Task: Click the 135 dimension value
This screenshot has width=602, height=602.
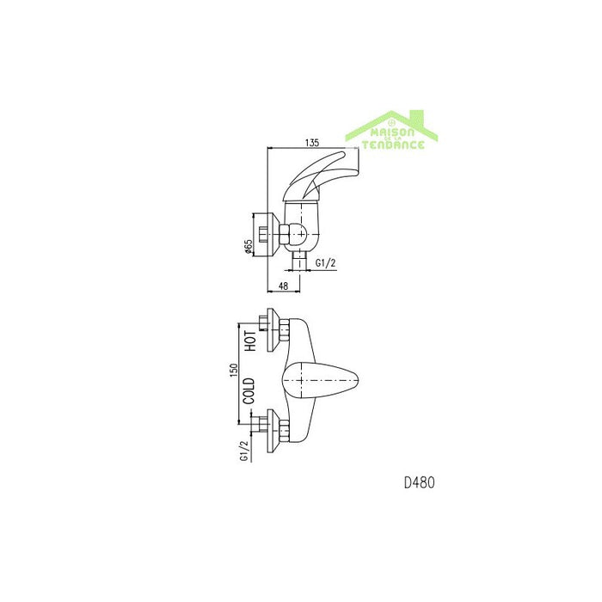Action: [312, 143]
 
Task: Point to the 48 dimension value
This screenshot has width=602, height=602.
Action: [283, 286]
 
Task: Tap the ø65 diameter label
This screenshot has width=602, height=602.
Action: [248, 247]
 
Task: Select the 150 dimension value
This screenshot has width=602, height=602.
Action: [234, 370]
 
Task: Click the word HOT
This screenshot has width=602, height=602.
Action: [250, 341]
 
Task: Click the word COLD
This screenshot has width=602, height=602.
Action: [249, 390]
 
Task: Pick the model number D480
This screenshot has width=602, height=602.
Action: [420, 482]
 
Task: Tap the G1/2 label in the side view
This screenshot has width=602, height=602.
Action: [325, 263]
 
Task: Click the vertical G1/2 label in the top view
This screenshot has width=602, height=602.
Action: [244, 450]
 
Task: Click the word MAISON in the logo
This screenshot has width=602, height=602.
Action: [392, 132]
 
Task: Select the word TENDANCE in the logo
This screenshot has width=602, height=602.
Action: [393, 144]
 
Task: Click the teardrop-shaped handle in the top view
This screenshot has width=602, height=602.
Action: [320, 380]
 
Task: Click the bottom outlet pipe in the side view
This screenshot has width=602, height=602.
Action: [300, 261]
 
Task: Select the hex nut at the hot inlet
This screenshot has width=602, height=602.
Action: [284, 330]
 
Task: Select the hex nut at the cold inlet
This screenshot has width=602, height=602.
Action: [284, 431]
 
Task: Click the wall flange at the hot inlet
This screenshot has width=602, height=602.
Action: [273, 329]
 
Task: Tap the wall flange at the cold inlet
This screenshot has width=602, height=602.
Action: [273, 431]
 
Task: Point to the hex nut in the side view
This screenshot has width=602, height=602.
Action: [284, 234]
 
